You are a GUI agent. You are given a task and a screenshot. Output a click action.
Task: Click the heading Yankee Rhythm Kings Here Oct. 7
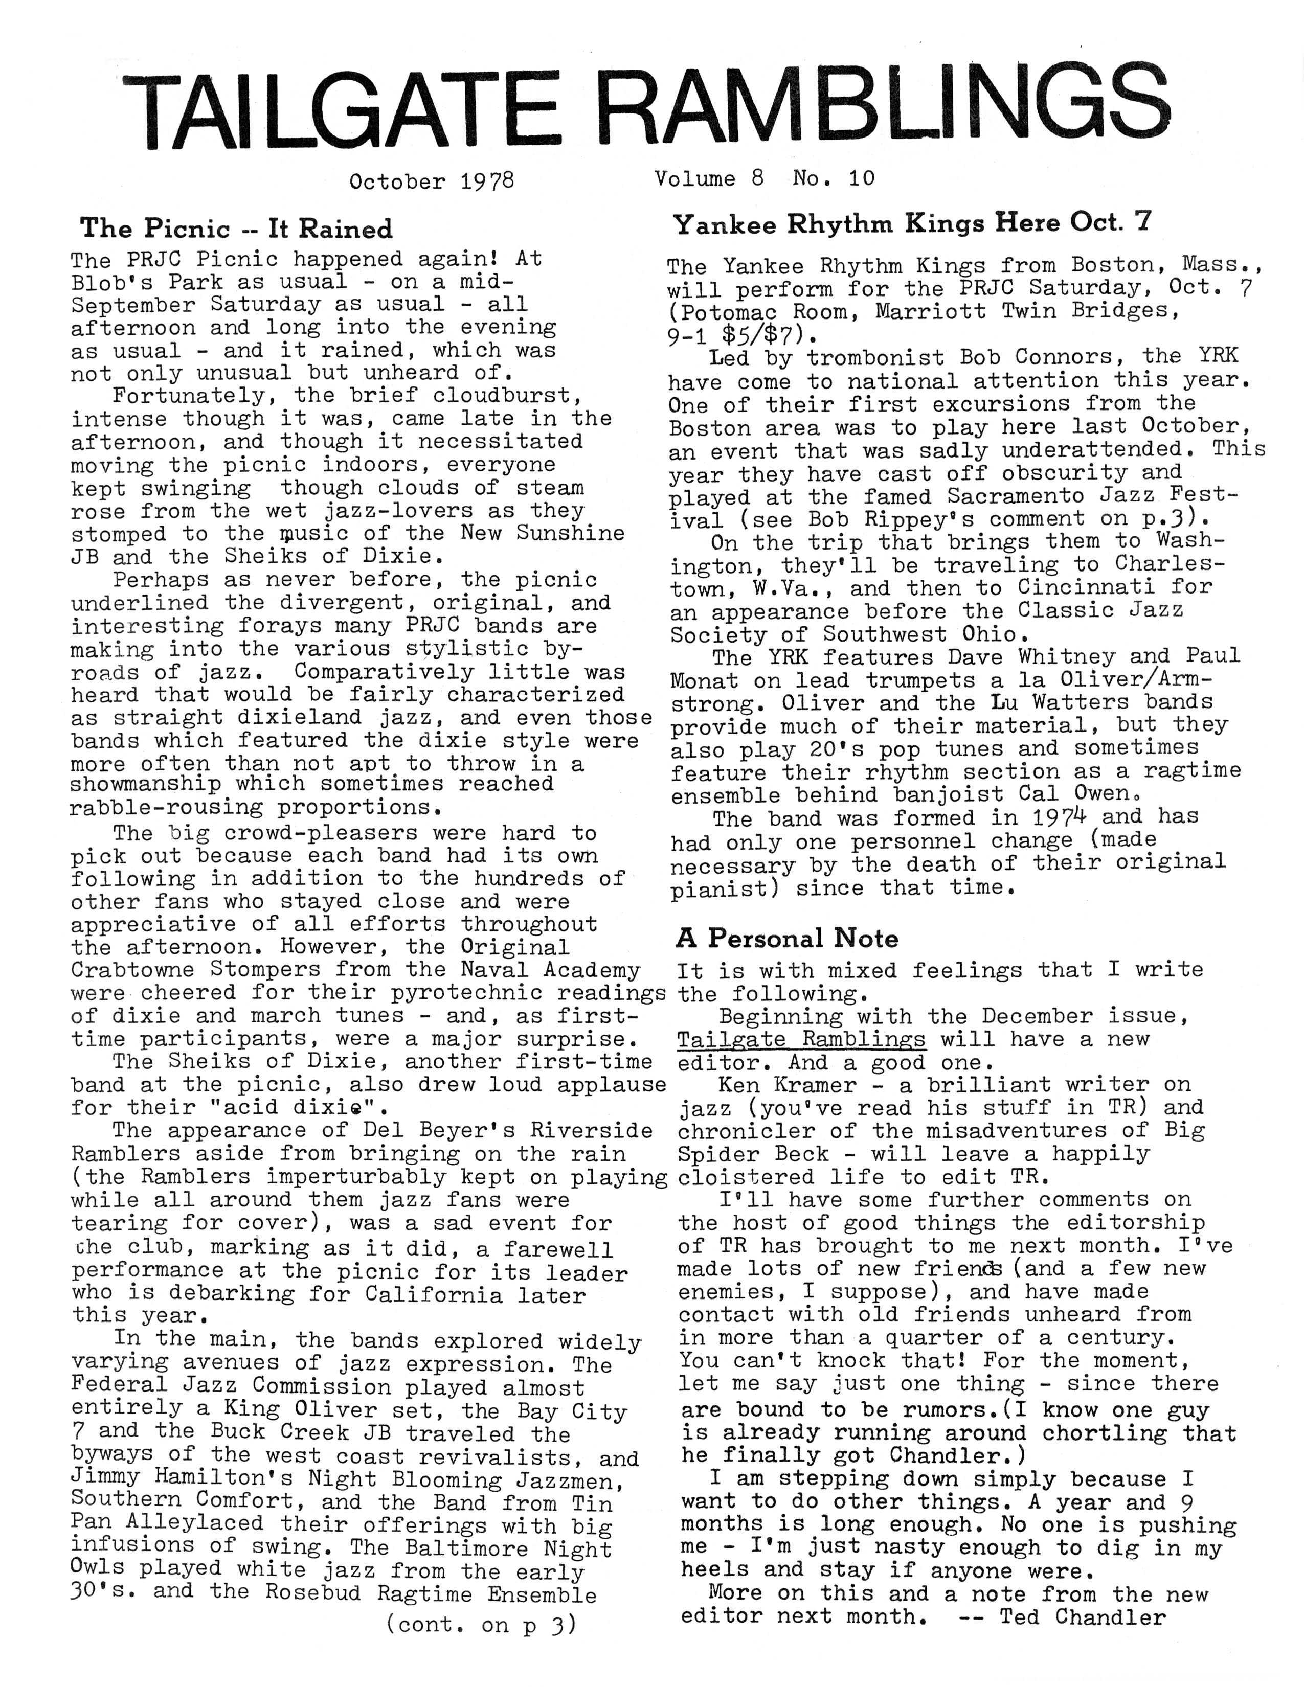tap(912, 223)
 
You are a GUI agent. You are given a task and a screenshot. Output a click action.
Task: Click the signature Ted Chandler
tap(1082, 1616)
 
